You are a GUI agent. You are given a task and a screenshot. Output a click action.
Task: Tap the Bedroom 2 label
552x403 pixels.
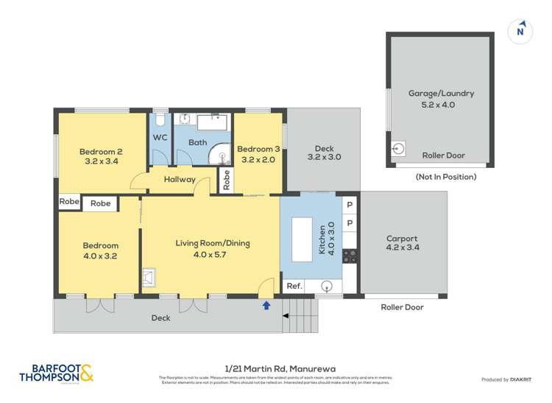pos(101,156)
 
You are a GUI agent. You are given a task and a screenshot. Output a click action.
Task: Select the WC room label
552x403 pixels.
pos(160,138)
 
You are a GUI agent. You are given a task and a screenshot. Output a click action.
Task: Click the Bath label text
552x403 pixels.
pos(197,142)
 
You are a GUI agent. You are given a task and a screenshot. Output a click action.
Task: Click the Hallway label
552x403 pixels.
pos(180,179)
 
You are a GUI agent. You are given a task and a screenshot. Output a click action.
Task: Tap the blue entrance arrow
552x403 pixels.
pos(266,303)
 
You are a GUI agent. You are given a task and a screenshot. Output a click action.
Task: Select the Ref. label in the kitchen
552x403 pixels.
pos(294,286)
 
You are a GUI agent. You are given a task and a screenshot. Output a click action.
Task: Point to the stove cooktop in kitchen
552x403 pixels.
pos(350,256)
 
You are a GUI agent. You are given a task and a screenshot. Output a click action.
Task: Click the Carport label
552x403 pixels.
pos(402,243)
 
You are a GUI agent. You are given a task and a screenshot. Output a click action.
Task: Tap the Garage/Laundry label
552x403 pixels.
pos(441,98)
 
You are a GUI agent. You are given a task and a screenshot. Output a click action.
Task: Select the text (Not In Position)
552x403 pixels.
pos(445,177)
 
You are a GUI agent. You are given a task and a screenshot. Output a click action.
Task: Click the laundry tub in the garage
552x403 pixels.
pos(399,149)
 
